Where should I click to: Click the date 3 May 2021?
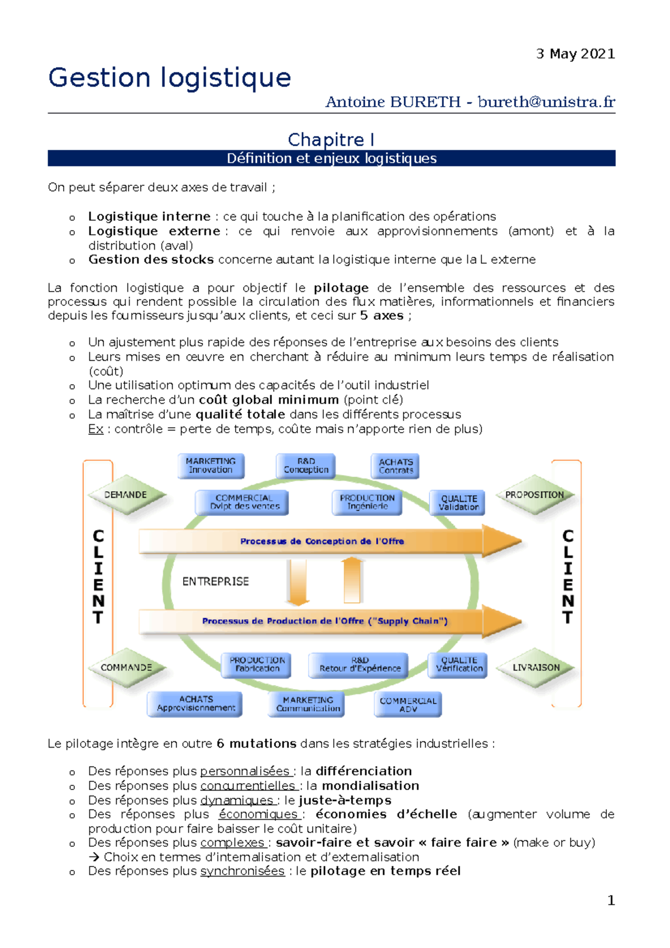pyautogui.click(x=575, y=54)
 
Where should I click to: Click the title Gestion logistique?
pyautogui.click(x=170, y=78)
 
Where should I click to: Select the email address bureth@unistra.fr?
pyautogui.click(x=546, y=102)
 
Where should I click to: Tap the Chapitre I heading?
pyautogui.click(x=331, y=140)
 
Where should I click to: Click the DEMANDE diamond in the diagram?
pyautogui.click(x=126, y=495)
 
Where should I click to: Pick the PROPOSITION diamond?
pyautogui.click(x=534, y=495)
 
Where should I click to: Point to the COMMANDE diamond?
pyautogui.click(x=127, y=667)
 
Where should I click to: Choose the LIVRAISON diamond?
pyautogui.click(x=535, y=667)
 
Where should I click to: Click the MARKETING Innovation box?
pyautogui.click(x=211, y=466)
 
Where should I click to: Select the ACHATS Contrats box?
pyautogui.click(x=395, y=466)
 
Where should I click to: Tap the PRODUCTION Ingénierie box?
pyautogui.click(x=367, y=502)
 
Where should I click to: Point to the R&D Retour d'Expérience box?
pyautogui.click(x=359, y=664)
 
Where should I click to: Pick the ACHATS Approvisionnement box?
pyautogui.click(x=195, y=703)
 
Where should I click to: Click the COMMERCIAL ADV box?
pyautogui.click(x=408, y=705)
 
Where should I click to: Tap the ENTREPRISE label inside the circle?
pyautogui.click(x=216, y=582)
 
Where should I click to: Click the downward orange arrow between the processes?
pyautogui.click(x=298, y=582)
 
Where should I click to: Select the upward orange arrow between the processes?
pyautogui.click(x=352, y=581)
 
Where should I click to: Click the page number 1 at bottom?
pyautogui.click(x=611, y=900)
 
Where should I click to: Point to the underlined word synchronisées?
pyautogui.click(x=242, y=871)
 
